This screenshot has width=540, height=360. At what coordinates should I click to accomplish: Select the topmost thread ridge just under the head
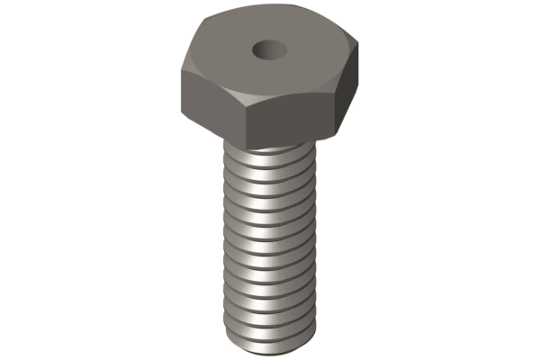(x=270, y=155)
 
